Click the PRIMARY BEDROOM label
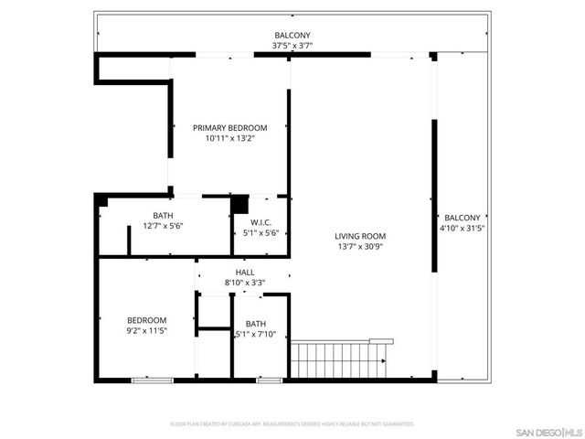coord(229,127)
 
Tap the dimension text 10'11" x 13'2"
coord(229,139)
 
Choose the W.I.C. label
coord(260,222)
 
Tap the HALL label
coord(245,272)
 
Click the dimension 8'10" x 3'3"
coord(245,283)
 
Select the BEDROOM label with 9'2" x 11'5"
coord(146,319)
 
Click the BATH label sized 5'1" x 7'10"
coord(255,323)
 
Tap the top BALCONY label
coord(291,36)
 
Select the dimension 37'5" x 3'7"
coord(291,46)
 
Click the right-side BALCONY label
coord(462,218)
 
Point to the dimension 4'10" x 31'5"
coord(462,229)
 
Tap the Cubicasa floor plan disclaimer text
coord(292,423)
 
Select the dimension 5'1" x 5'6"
coord(260,233)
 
